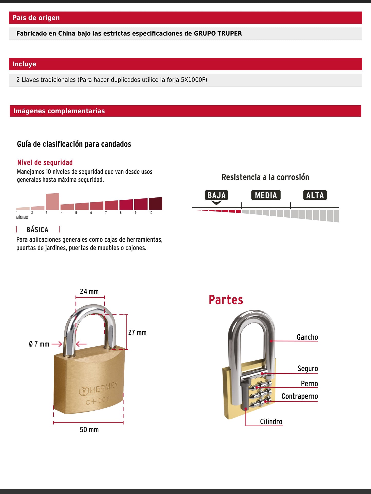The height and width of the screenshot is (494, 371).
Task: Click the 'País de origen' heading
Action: coord(36,18)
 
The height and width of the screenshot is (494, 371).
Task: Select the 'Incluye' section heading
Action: coord(24,64)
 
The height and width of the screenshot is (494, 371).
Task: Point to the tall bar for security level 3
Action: coord(52,201)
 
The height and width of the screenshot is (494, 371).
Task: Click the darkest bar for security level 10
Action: coord(155,204)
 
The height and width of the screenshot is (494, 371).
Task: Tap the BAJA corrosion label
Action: coord(216,195)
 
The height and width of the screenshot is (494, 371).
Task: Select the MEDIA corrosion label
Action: coord(266,195)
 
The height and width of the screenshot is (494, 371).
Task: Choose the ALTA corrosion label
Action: coord(315,195)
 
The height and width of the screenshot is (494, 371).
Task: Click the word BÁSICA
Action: coord(37,229)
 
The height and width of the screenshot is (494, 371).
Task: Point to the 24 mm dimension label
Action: coord(89,291)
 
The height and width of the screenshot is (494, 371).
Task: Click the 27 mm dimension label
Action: coord(137,332)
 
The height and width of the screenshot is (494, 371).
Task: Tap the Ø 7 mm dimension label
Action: coord(39,344)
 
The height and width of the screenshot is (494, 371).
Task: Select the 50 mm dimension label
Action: coord(89,430)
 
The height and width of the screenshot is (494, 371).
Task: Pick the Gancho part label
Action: coord(307,337)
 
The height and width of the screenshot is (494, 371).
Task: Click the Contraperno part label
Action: coord(300,396)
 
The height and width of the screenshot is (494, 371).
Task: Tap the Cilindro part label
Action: coord(271,421)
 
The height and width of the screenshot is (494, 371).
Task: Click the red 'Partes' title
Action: coord(226,300)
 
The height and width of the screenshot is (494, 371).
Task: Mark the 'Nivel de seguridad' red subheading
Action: coord(45,163)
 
